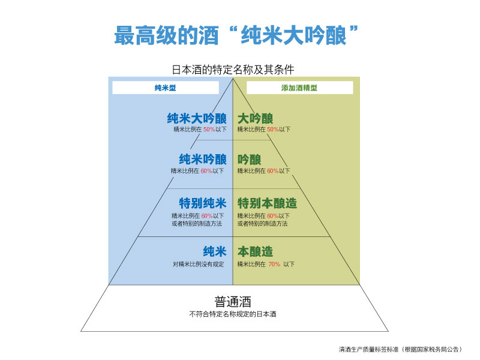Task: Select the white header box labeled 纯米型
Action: coord(165,88)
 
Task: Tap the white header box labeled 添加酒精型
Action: coord(299,88)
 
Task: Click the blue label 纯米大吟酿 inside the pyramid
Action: coord(197,118)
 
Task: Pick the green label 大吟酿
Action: coord(255,118)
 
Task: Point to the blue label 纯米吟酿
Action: coord(203,160)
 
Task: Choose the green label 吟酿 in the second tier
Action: coord(249,160)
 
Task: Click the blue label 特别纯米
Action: coord(203,203)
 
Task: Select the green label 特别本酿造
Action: coord(267,203)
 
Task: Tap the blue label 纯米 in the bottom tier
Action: coord(214,251)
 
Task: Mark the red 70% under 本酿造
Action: coord(274,264)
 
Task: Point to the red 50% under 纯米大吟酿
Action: coord(209,130)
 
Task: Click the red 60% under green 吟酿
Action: coord(272,171)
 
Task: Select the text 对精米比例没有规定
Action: coord(198,264)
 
